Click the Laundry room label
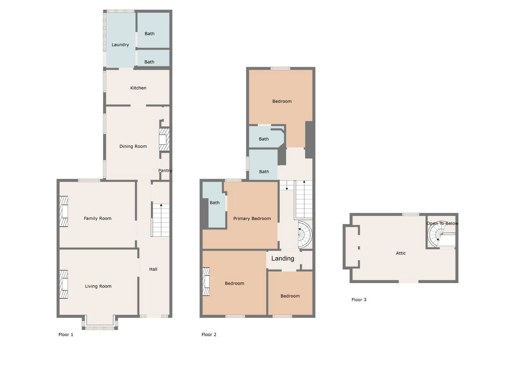[120, 45]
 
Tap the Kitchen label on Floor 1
[138, 88]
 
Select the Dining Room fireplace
[164, 140]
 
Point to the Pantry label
[165, 170]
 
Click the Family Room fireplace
[64, 211]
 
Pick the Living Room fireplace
[64, 284]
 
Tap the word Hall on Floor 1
[153, 269]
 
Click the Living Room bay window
[100, 323]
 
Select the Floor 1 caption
[66, 335]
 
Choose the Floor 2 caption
[209, 335]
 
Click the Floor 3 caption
[359, 300]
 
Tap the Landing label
[283, 258]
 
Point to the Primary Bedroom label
[252, 218]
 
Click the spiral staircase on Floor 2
[305, 234]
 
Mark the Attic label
[401, 253]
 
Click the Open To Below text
[442, 223]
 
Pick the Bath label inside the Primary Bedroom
[215, 203]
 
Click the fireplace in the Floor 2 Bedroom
[206, 281]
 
